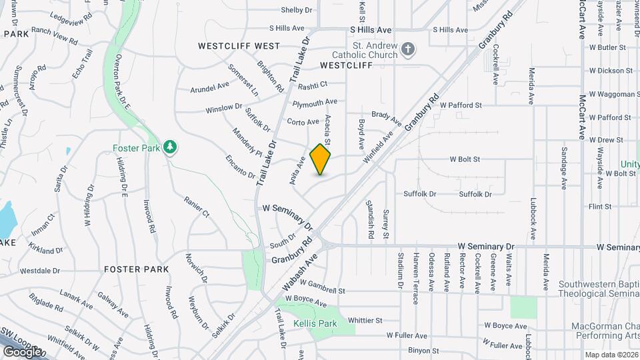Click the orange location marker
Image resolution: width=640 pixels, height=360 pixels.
point(321,159)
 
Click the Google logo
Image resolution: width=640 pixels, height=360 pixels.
point(21,351)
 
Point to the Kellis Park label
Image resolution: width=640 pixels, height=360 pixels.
point(315,324)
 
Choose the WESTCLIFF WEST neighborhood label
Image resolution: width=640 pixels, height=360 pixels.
point(239,46)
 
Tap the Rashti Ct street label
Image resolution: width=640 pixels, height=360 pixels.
point(313,85)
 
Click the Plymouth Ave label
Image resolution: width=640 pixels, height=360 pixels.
point(315,103)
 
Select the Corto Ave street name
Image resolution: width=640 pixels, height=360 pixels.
point(303,121)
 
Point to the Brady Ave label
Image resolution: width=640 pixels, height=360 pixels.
point(387,118)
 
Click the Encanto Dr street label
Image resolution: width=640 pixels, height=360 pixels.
point(241,165)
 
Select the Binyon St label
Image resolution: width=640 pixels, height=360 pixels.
point(424,350)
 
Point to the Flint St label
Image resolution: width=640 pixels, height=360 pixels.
point(600,207)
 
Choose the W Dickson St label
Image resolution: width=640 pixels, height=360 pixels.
point(610,71)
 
